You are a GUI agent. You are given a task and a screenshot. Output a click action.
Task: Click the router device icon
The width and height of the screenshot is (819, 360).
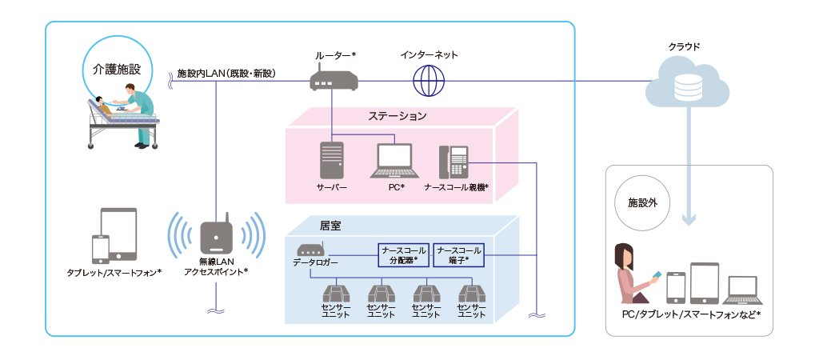click(334, 81)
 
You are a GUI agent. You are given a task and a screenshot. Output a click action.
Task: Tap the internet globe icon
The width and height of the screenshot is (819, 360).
click(428, 80)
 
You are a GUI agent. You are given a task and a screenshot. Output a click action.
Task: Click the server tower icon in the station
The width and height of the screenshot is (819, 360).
click(331, 160)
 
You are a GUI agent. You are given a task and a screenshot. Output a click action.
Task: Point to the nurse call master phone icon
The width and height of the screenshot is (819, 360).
click(453, 163)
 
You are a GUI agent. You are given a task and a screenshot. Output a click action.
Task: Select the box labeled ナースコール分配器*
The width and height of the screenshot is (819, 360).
click(403, 254)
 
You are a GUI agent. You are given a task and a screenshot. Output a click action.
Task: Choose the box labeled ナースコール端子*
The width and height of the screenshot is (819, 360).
click(459, 254)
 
